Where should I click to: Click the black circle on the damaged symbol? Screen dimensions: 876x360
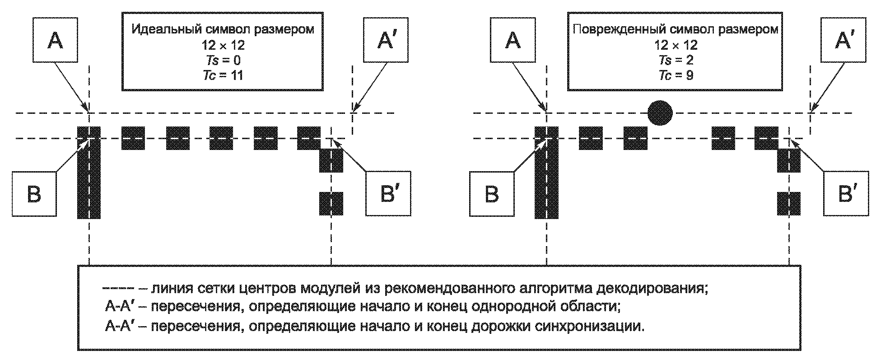coord(660,112)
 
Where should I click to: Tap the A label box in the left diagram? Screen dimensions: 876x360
coord(55,40)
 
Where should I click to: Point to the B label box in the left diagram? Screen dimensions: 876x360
coord(34,194)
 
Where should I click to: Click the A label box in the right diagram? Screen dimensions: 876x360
coord(513,40)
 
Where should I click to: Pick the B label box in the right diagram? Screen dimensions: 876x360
coord(492,194)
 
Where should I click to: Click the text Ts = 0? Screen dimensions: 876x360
coord(222,60)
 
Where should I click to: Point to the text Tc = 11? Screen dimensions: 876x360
coord(222,75)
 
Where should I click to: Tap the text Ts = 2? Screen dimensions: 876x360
coord(676,60)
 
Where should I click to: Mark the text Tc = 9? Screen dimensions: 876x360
coord(676,75)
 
